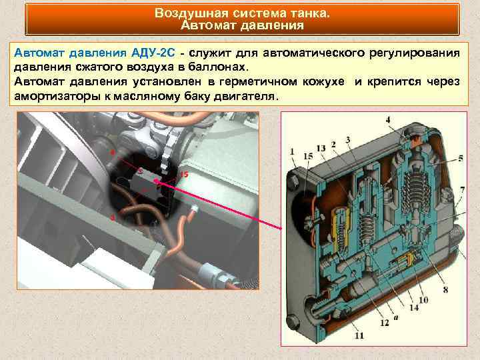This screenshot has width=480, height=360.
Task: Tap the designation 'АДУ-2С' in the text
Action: pyautogui.click(x=156, y=53)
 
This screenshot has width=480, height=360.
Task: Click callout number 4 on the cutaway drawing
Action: pyautogui.click(x=387, y=120)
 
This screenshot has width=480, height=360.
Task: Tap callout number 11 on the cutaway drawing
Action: pyautogui.click(x=359, y=336)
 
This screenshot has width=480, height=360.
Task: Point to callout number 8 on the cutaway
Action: pyautogui.click(x=445, y=290)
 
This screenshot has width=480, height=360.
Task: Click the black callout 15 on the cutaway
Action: pyautogui.click(x=307, y=156)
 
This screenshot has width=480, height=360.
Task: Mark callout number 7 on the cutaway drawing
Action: pyautogui.click(x=462, y=190)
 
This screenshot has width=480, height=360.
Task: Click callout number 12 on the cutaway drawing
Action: pyautogui.click(x=384, y=323)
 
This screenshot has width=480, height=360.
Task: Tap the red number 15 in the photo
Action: pyautogui.click(x=183, y=174)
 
